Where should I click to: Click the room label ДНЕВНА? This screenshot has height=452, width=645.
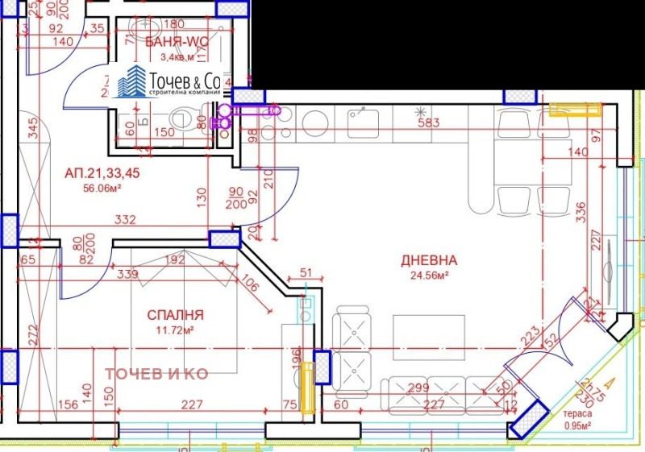(429, 260)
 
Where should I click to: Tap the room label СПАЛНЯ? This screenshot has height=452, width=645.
(175, 315)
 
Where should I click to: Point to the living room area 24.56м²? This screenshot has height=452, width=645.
(429, 276)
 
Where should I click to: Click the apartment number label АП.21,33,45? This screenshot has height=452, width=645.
(102, 173)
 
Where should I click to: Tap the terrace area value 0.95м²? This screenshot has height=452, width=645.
(577, 427)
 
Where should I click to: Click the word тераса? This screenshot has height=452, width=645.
(576, 417)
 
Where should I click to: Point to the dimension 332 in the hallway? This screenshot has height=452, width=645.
(124, 220)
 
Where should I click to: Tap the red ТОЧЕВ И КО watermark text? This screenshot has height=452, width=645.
(157, 374)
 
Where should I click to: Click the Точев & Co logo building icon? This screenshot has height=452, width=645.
(132, 82)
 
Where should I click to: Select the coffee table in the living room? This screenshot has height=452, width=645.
(429, 335)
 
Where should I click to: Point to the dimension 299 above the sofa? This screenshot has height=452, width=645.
(418, 388)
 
